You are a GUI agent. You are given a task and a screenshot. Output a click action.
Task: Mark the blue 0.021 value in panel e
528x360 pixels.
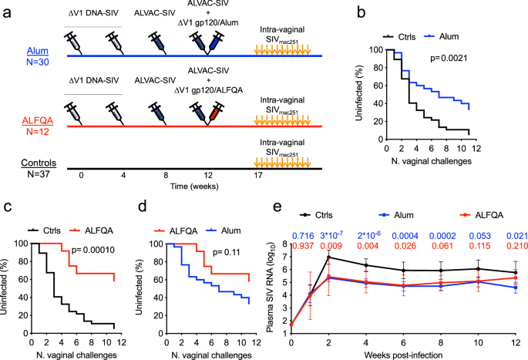[507, 234]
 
